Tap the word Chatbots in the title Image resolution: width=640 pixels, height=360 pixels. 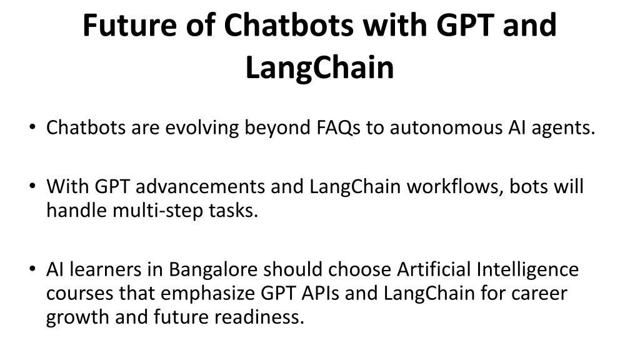click(289, 25)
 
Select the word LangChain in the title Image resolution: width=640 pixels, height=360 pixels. click(319, 67)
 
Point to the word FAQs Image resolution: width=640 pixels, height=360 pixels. click(338, 127)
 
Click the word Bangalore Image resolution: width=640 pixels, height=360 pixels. click(213, 270)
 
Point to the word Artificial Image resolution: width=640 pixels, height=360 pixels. click(434, 269)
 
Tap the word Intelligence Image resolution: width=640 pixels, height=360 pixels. click(527, 270)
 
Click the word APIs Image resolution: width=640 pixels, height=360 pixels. click(321, 294)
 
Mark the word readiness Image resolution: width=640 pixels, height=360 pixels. click(259, 317)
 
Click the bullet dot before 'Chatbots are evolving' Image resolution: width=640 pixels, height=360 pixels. click(32, 127)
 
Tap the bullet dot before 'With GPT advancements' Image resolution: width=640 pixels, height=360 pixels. click(32, 186)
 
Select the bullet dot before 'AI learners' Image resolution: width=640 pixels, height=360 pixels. click(32, 269)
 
